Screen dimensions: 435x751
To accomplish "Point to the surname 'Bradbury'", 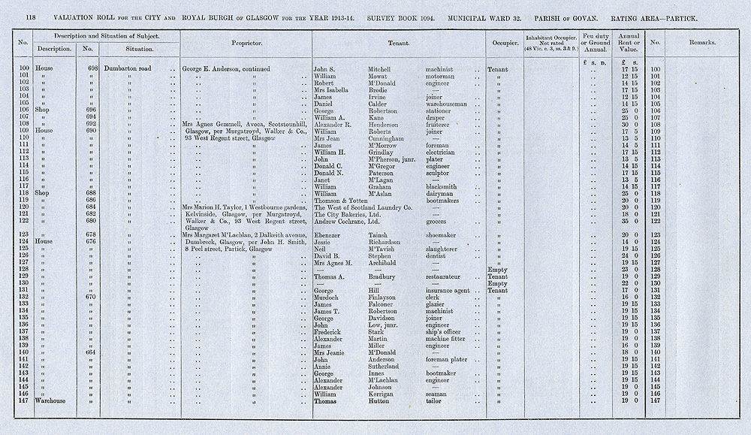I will [x=383, y=276].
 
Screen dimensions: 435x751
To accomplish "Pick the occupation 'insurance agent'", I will [x=448, y=290].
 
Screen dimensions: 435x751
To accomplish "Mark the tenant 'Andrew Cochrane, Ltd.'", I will [x=350, y=220].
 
